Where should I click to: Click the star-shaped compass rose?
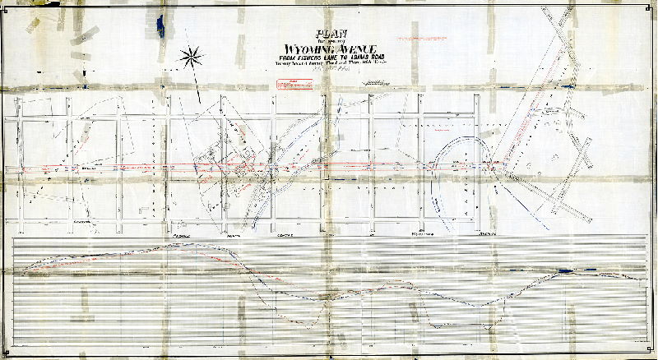coord(192,57)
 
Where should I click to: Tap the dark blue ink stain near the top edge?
coord(163,25)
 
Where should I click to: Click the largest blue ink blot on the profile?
coord(564,270)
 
